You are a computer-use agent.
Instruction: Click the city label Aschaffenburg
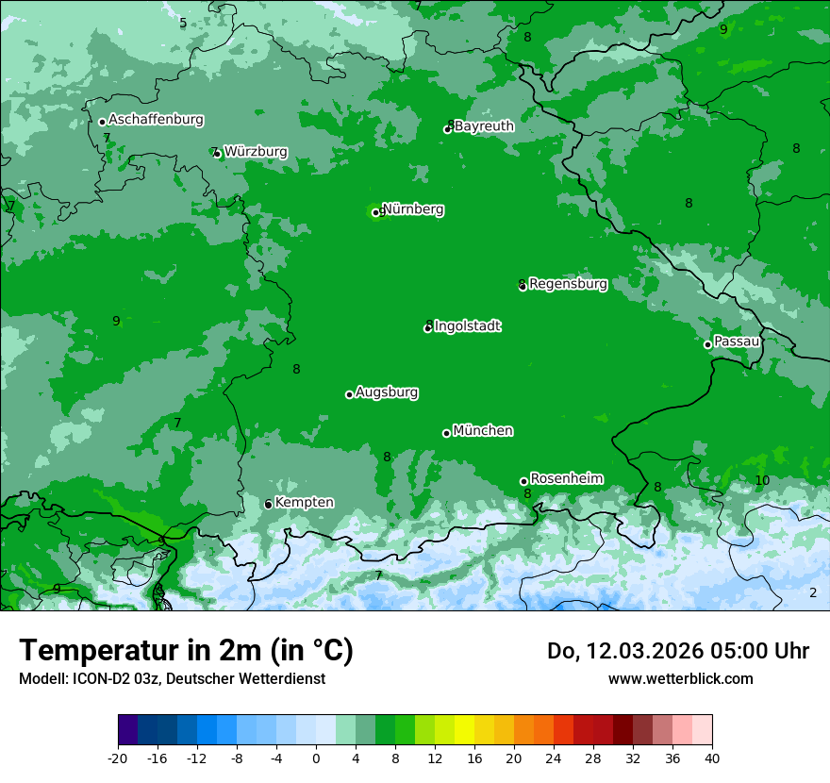(156, 120)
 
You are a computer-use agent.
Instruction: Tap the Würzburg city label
(256, 151)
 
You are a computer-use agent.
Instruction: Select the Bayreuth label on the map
(484, 125)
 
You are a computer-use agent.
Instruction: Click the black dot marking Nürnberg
(375, 212)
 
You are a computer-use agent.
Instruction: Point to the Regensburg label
(568, 283)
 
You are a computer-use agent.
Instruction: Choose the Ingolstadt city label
(467, 325)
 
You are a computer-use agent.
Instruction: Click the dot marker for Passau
(707, 344)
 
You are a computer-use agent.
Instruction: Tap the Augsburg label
(386, 391)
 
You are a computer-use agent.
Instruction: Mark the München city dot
(446, 433)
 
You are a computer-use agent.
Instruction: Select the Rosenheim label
(566, 478)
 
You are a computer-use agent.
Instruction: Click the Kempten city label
(304, 502)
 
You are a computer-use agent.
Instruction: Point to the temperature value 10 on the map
(762, 480)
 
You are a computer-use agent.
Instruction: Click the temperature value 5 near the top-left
(183, 23)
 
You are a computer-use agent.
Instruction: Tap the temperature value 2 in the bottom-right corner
(813, 592)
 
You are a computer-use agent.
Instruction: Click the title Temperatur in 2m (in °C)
(186, 650)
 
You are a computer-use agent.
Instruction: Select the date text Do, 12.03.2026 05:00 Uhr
(678, 650)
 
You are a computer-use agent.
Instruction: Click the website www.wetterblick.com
(680, 678)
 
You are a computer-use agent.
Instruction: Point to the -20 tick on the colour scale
(118, 758)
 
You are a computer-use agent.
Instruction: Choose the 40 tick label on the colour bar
(711, 758)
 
